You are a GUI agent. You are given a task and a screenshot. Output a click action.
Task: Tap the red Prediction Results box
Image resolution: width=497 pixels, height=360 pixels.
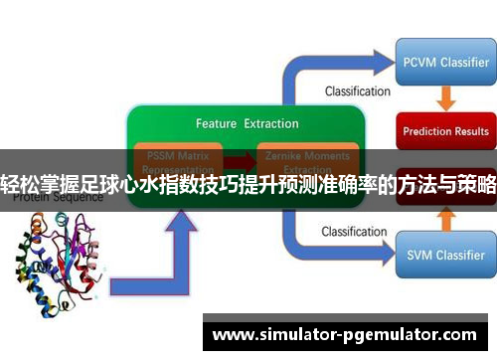pyautogui.click(x=444, y=130)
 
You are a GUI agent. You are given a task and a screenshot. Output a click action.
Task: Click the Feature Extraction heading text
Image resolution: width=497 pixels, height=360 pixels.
pyautogui.click(x=248, y=124)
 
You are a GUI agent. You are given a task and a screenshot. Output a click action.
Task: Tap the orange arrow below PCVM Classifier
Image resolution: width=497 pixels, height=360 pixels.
pyautogui.click(x=445, y=97)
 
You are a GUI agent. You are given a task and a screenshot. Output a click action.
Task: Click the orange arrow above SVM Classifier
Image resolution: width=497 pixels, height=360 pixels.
pyautogui.click(x=445, y=220)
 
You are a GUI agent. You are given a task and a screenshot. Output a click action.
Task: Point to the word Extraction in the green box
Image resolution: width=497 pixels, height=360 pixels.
pyautogui.click(x=271, y=124)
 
